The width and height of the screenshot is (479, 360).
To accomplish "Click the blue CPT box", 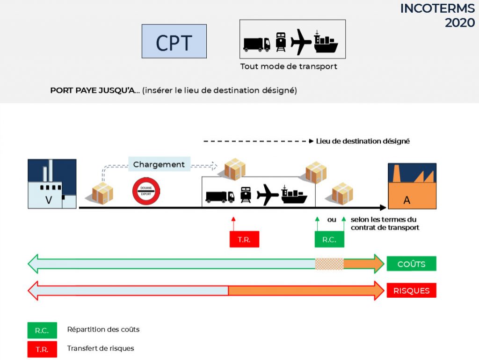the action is coord(174,41).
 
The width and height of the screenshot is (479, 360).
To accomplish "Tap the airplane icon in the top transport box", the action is coord(301,42).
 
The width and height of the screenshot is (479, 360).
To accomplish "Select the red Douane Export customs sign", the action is coord(146,191).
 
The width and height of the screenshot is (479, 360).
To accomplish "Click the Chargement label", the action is coord(159,164).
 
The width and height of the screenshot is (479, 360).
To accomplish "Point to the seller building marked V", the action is coord(52,184).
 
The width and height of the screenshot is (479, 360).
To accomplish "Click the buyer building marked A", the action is coord(412,186).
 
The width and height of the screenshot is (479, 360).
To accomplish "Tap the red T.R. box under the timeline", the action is coord(244,239).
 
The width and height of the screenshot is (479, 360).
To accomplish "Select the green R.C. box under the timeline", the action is coord(329,239).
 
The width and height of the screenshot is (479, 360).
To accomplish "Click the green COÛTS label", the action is coord(412,264).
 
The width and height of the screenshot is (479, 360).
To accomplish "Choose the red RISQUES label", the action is coord(412,290).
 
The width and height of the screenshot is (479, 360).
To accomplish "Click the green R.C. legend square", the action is coord(42,331).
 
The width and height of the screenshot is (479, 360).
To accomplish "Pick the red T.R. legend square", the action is coord(42,349).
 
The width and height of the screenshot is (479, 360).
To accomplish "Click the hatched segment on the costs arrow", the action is coord(329,264).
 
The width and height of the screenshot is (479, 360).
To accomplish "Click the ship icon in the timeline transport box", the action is coord(294,195).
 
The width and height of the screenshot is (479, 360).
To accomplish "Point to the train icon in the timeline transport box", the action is coord(246,195).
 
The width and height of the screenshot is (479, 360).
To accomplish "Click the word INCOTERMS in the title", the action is coord(437,8).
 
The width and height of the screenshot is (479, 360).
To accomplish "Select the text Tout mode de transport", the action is coord(289,66).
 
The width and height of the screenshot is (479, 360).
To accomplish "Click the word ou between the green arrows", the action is coord(332,220).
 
